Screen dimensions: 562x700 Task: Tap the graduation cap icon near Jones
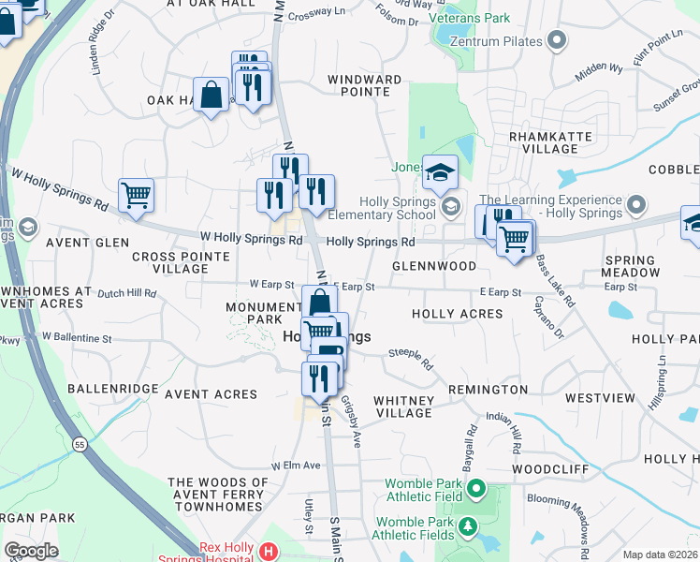click(440, 172)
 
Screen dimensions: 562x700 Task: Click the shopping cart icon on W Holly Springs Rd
click(136, 196)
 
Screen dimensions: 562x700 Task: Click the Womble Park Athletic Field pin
click(476, 488)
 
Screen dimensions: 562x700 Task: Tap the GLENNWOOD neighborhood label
click(434, 266)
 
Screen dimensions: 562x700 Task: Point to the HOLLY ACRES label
click(457, 314)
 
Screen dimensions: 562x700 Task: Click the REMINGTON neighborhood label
click(488, 389)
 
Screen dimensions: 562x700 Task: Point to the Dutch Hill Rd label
click(126, 293)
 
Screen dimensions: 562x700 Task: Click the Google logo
click(30, 551)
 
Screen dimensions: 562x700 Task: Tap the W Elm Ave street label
click(297, 466)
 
